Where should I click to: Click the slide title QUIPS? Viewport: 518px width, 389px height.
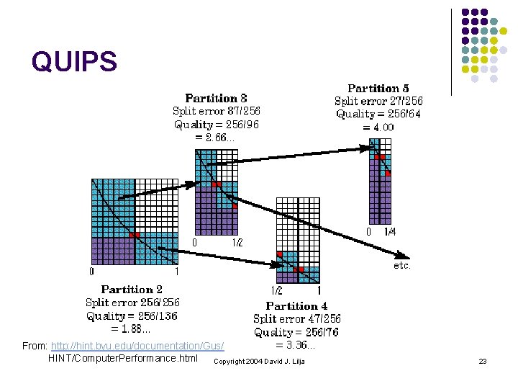pos(73,62)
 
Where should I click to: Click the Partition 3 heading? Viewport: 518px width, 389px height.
pos(216,98)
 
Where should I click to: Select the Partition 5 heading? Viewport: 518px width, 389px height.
pos(378,88)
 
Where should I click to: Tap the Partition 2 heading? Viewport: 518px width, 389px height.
pos(132,290)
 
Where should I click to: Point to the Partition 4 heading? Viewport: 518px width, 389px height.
pos(296,305)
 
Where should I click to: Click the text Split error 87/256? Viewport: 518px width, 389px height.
pos(216,111)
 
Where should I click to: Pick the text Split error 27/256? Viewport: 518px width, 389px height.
pos(378,101)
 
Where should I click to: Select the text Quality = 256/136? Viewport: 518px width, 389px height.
pos(132,316)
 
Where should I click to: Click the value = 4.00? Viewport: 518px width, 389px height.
pos(378,127)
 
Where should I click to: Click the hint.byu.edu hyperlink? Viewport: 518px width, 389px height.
pos(137,346)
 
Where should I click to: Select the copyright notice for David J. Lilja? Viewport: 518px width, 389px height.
pos(260,360)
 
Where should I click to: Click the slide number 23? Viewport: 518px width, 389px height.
pos(483,360)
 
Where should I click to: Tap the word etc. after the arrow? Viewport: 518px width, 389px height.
pos(402,266)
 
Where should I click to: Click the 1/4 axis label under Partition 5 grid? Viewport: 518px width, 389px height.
pos(389,232)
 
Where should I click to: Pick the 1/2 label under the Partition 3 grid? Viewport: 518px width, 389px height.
pos(237,243)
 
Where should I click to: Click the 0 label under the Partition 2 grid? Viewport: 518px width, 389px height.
pos(91,272)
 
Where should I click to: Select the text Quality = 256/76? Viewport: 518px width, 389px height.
pos(296,332)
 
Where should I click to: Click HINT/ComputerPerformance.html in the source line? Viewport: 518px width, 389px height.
pos(122,358)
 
